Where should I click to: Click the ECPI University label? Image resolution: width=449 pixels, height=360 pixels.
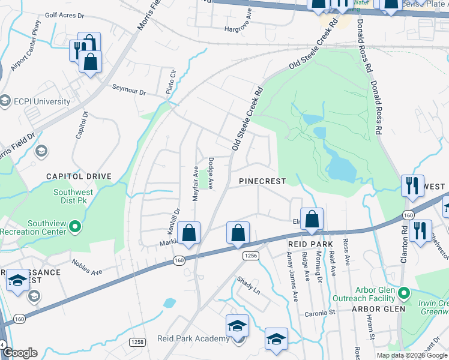pyautogui.click(x=43, y=101)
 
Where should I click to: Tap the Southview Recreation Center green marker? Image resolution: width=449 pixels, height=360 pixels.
pyautogui.click(x=75, y=227)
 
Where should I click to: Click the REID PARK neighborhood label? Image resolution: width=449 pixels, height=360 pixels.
pyautogui.click(x=310, y=244)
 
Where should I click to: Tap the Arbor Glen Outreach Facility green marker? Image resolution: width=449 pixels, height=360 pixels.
pyautogui.click(x=405, y=294)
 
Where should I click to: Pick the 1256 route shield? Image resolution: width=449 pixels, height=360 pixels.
pyautogui.click(x=250, y=256)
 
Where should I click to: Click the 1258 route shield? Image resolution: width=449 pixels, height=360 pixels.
pyautogui.click(x=137, y=341)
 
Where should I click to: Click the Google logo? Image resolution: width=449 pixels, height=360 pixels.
pyautogui.click(x=20, y=353)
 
